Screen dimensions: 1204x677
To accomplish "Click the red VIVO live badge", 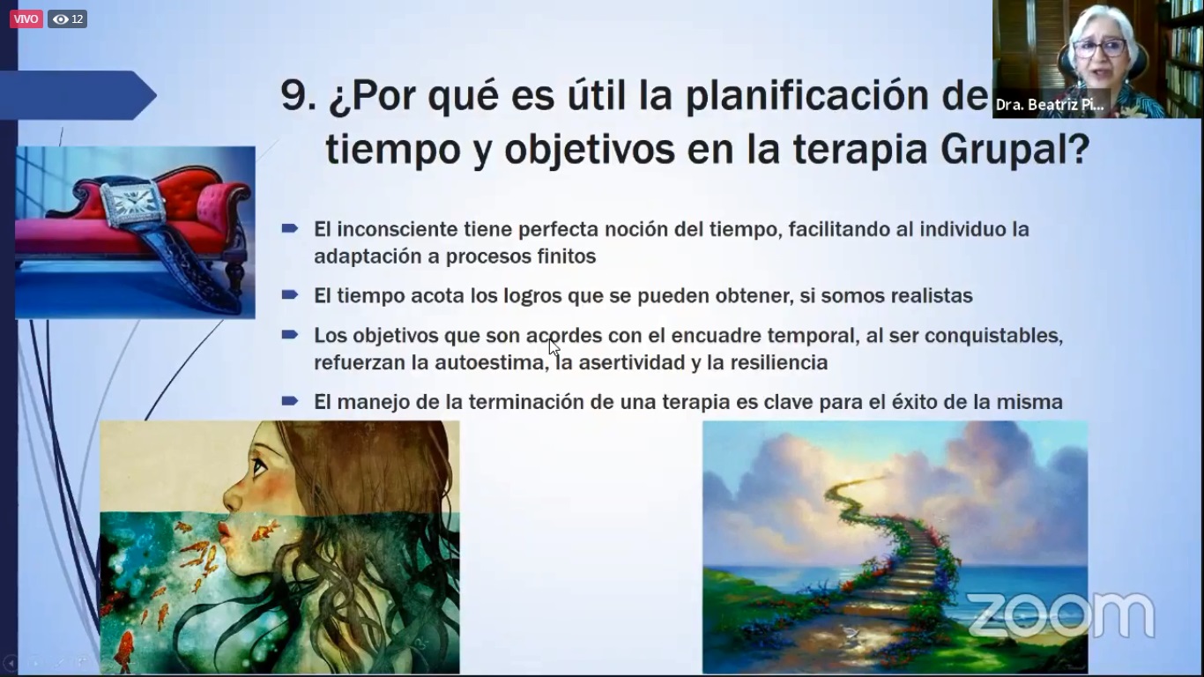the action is tap(26, 19).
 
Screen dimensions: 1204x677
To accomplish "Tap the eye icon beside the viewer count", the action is tap(61, 19).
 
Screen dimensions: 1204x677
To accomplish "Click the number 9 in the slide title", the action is tap(293, 96).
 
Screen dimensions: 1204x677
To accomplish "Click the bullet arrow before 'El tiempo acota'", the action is tap(290, 294).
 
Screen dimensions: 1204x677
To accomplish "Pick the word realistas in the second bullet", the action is tap(932, 296).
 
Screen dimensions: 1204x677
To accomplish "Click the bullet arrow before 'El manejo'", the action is tap(290, 400).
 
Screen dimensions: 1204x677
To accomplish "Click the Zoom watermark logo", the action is tap(1060, 615).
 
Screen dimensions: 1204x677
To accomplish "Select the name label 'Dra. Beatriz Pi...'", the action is tap(1050, 104).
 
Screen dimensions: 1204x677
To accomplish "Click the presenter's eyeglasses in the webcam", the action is tap(1100, 48).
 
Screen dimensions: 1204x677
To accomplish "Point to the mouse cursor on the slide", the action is tap(554, 347).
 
